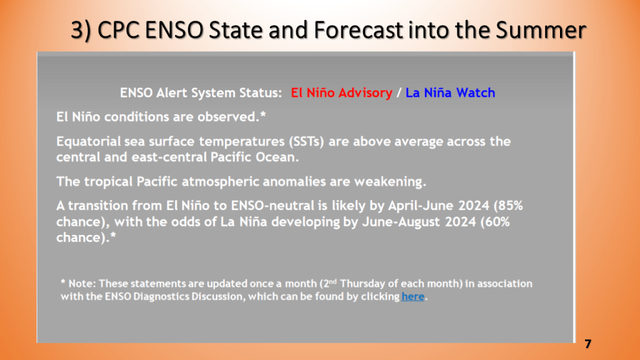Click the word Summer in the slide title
click(x=541, y=30)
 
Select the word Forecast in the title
click(x=358, y=30)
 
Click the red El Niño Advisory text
click(x=341, y=92)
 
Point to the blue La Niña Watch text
click(x=450, y=92)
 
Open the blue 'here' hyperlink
click(x=412, y=296)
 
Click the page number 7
click(x=587, y=344)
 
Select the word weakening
click(x=390, y=182)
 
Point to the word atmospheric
click(x=220, y=182)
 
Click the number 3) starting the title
click(x=81, y=30)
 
